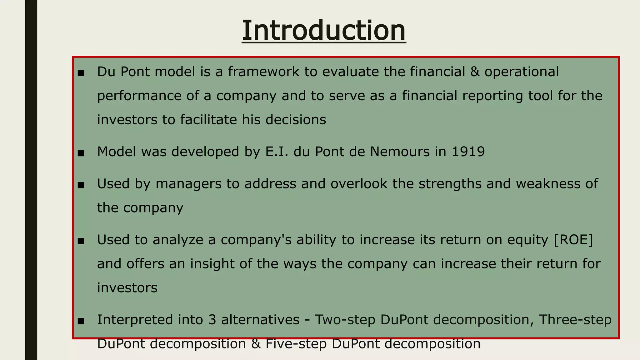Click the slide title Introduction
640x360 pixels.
point(324,30)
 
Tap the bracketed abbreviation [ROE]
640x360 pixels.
point(573,240)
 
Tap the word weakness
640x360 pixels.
point(548,184)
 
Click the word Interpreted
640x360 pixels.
point(135,320)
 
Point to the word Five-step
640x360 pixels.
point(296,344)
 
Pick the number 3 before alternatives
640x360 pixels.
point(212,320)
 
